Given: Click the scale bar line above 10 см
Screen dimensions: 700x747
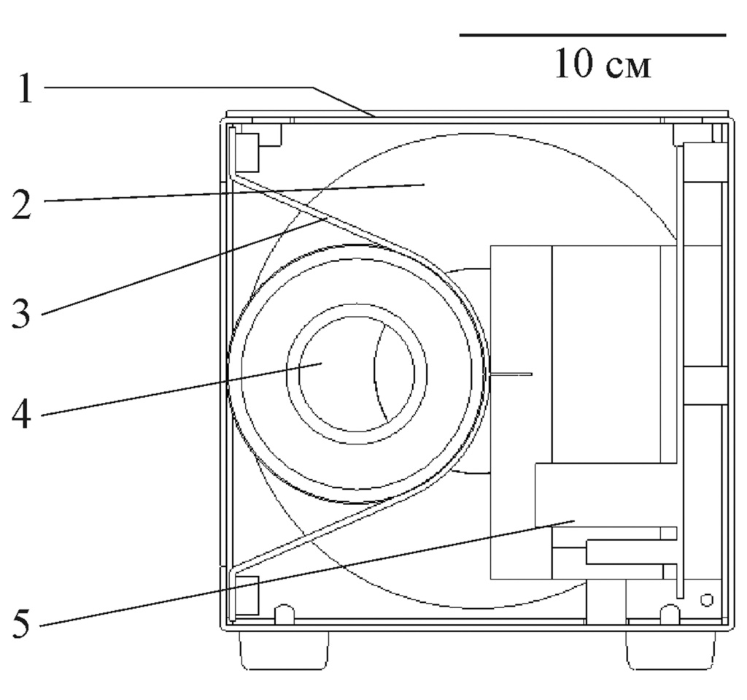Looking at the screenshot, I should [592, 34].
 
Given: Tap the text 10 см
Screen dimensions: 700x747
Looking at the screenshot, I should [603, 64].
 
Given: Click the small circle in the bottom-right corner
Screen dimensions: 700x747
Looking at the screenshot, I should [705, 600].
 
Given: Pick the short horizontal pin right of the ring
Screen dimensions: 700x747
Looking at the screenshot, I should [511, 374].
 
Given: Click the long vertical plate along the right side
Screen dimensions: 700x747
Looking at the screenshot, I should [680, 365].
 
